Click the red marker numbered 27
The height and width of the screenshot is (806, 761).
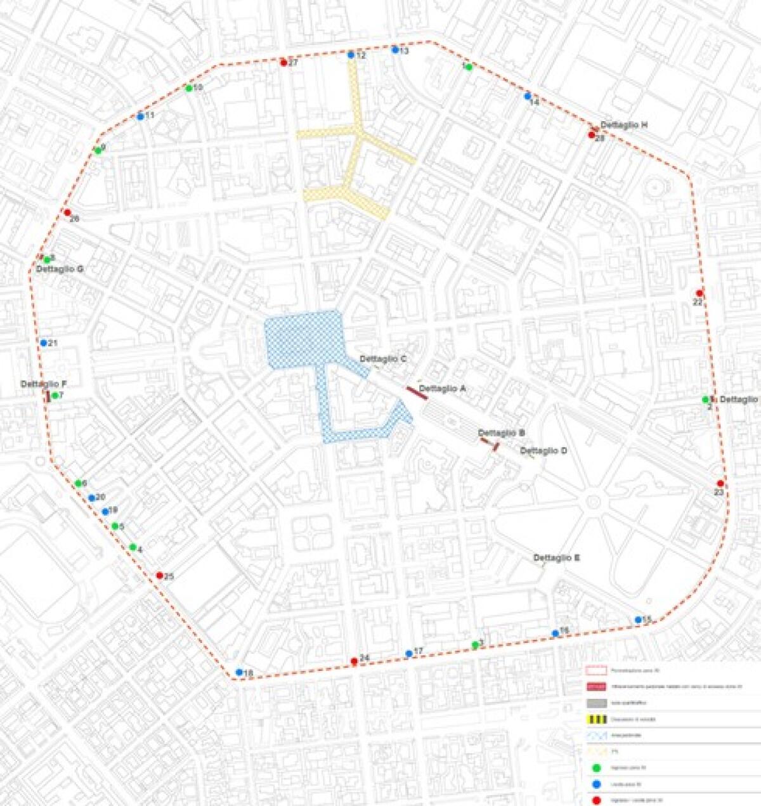coord(283,62)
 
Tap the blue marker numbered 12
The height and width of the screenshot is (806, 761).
coord(351,55)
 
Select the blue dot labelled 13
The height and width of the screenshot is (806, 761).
coord(394,49)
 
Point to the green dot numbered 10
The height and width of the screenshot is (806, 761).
coord(188,88)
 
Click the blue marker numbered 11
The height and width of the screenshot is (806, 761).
coord(140,117)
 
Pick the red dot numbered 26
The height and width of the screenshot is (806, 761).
coord(67,212)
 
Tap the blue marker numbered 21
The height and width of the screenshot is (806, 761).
coord(44,342)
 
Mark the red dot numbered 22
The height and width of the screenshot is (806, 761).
coord(699,293)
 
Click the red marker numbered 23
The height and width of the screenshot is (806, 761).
coord(720,483)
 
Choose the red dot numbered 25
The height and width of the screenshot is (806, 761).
coord(159,575)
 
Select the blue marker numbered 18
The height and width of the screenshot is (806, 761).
coord(239,672)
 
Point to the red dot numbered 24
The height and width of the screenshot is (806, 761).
coord(354,661)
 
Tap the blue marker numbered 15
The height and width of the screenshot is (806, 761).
coord(638,620)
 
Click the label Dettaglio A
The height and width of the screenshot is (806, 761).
coord(443,388)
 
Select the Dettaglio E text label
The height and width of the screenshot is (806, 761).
coord(556,558)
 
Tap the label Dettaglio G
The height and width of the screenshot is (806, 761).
coord(60,269)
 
